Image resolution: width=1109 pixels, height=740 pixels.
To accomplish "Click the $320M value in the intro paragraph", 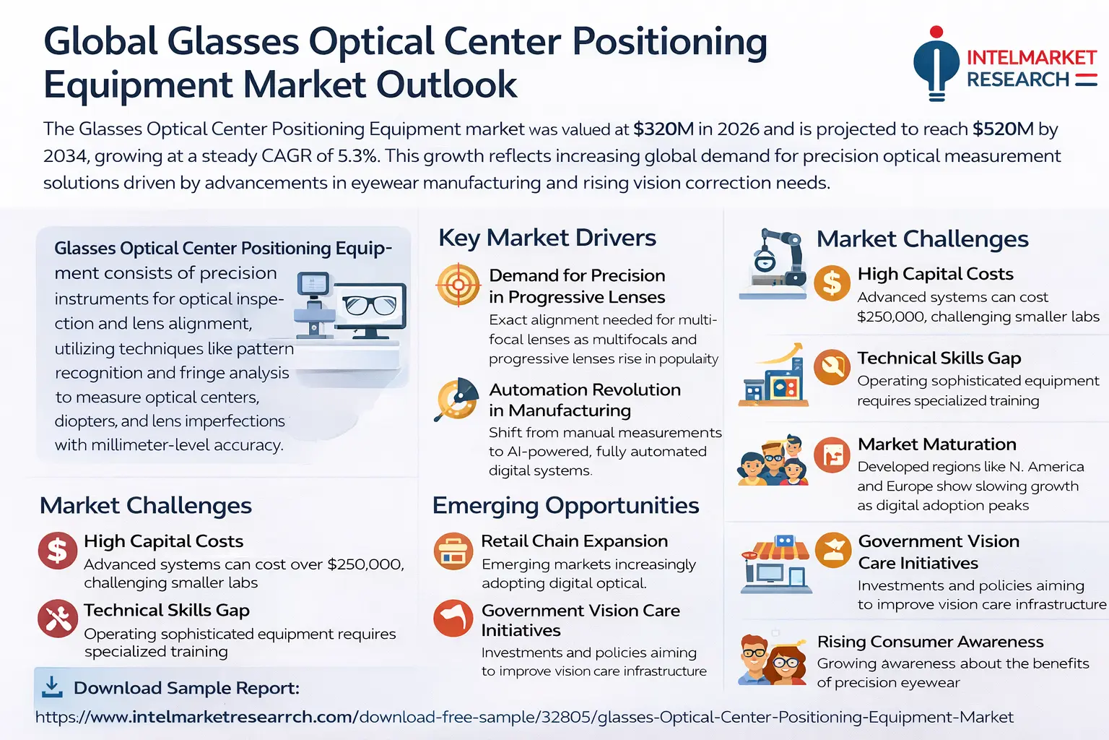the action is pos(664,129).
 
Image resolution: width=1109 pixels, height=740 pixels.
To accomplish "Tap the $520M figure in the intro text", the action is pos(1003,129).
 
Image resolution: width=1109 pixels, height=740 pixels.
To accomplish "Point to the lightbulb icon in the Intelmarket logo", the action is pos(936,64).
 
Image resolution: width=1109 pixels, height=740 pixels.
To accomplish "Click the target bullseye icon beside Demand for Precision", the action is pos(458,285).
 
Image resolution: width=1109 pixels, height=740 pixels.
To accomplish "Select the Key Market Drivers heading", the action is pos(547,238).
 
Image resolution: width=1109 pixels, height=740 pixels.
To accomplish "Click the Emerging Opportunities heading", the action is pos(565,506).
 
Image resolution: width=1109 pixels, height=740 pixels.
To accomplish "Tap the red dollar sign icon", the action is pos(58,550).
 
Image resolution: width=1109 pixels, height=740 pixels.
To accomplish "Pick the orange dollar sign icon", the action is pos(832,283).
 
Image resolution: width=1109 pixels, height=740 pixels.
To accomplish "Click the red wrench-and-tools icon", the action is pos(58,619).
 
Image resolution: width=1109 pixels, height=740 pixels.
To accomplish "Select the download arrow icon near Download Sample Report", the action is pos(52,687).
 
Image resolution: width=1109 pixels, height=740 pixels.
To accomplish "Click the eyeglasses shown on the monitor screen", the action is pos(370,304).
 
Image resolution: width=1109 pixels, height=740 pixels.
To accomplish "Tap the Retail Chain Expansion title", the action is pos(574,541).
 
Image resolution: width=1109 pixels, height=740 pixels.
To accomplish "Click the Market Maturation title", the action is pos(936,444).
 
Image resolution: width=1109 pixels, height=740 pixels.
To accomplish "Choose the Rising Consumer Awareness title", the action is pos(930,642).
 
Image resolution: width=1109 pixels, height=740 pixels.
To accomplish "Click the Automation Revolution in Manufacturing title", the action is pos(585,400).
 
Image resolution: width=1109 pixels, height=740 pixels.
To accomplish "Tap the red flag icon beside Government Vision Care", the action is pos(453,618).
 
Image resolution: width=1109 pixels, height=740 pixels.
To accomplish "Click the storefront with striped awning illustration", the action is pos(775,564).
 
